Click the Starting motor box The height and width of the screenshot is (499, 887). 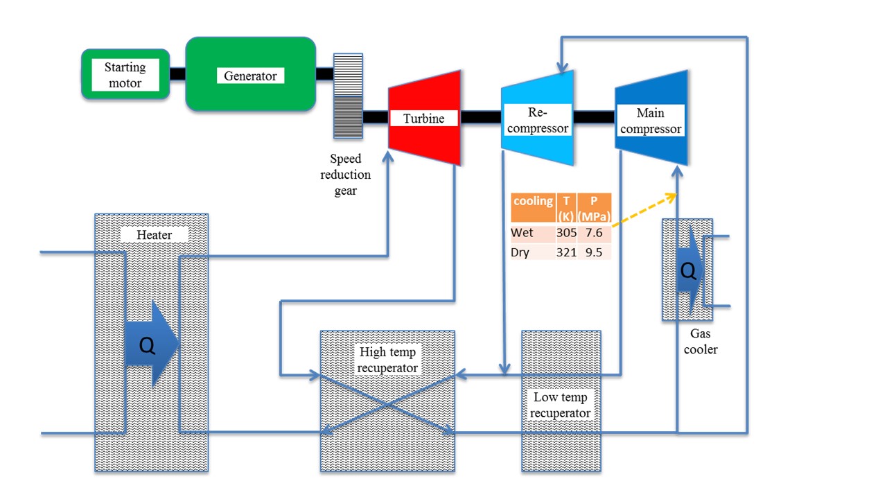click(125, 75)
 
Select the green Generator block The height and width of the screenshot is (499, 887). click(250, 75)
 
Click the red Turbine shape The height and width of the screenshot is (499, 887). click(424, 118)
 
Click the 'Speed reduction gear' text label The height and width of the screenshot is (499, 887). click(345, 175)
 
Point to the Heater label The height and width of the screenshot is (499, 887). click(154, 235)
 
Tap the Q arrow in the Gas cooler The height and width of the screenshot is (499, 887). click(689, 272)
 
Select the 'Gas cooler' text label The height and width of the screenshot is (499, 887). click(701, 342)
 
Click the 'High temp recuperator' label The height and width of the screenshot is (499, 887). click(387, 360)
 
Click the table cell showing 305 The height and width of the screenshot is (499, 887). click(566, 233)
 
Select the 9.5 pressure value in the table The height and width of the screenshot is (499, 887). click(593, 252)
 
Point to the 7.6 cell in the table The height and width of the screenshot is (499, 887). click(593, 233)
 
